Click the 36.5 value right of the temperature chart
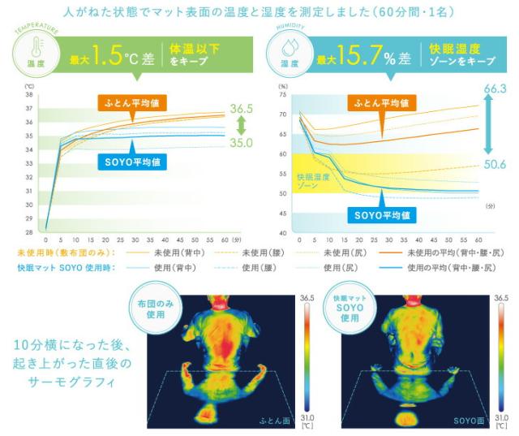click(242, 108)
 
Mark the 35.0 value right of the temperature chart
click(241, 142)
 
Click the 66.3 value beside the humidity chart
click(495, 88)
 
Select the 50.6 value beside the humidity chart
click(495, 164)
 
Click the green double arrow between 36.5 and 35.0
click(241, 125)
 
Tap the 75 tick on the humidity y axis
click(283, 95)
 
